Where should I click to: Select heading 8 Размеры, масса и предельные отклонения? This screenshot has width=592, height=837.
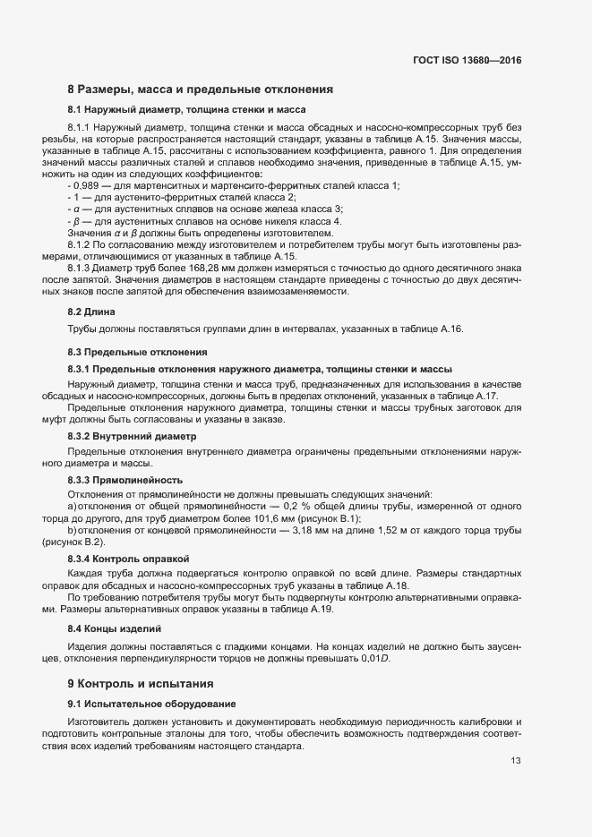[x=201, y=90]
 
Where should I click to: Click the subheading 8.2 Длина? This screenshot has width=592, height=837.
[x=87, y=312]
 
